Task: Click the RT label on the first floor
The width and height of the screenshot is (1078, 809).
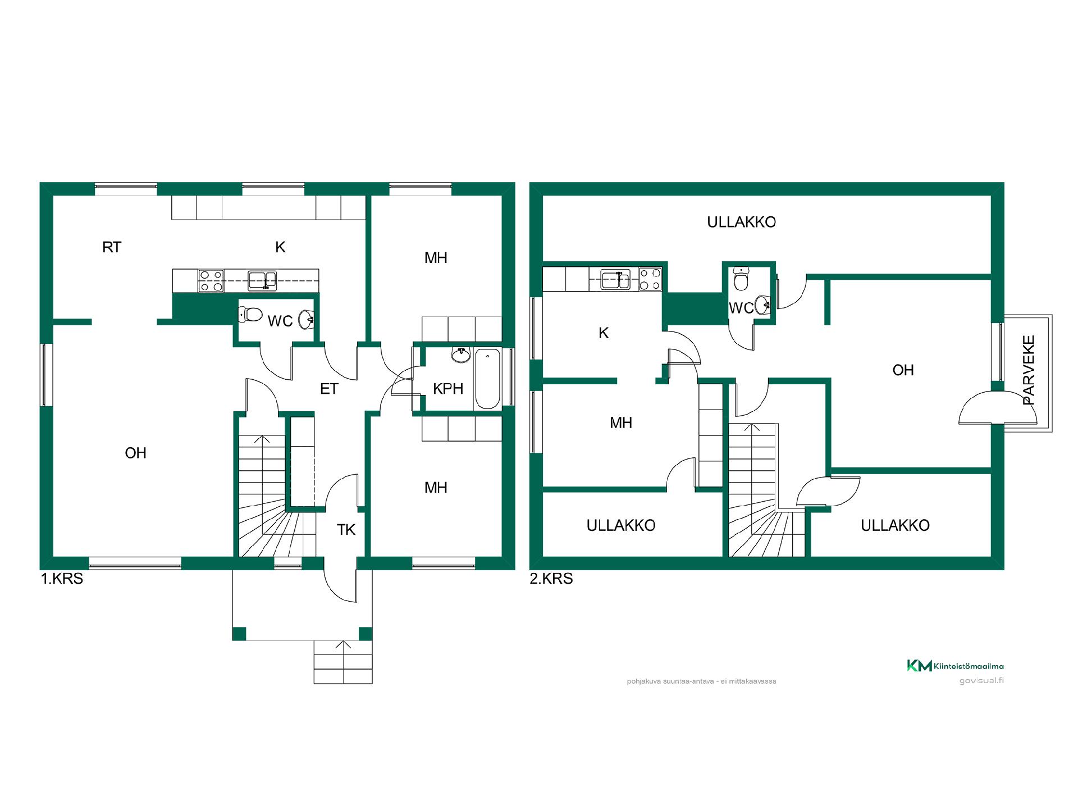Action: (112, 247)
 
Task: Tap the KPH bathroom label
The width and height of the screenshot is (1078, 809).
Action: (448, 388)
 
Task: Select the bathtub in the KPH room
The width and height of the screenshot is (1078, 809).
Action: (488, 379)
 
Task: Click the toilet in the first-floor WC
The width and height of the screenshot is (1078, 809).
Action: (250, 315)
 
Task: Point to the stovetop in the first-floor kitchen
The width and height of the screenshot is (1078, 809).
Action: (211, 281)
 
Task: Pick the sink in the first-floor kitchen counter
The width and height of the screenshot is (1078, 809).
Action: (263, 280)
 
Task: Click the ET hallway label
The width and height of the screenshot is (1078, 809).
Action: (329, 388)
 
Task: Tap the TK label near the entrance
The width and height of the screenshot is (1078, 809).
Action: (346, 529)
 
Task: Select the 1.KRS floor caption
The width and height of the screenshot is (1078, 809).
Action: (62, 579)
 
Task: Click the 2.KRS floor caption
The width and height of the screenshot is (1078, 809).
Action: (551, 579)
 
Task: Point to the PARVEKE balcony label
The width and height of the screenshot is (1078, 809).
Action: (1029, 370)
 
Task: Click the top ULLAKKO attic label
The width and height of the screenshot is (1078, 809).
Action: (742, 222)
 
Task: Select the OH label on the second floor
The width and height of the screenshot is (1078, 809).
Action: (903, 370)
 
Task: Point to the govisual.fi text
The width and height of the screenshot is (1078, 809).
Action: (981, 680)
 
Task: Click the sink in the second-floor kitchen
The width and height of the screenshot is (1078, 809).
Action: (615, 279)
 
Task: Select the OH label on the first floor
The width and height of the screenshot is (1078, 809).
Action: (135, 453)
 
